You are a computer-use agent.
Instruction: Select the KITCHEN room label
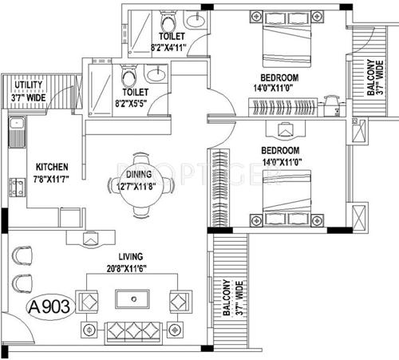point(50,167)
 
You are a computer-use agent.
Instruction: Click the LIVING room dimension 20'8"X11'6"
point(131,267)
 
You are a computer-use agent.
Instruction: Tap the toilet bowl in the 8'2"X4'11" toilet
point(166,19)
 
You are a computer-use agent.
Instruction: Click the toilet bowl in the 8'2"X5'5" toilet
point(127,77)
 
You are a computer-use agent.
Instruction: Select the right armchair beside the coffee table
point(177,302)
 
